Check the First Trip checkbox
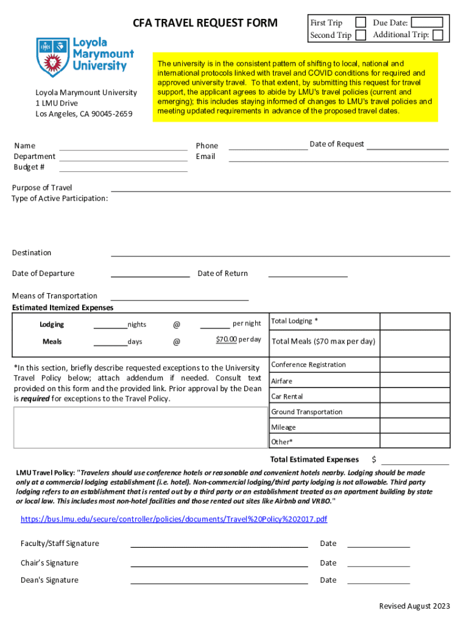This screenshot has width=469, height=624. [361, 23]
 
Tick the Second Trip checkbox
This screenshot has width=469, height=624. [361, 35]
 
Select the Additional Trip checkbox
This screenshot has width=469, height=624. [437, 35]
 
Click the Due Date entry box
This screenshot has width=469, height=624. [431, 23]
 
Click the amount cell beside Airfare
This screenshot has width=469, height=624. [415, 381]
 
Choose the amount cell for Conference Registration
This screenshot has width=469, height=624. [415, 364]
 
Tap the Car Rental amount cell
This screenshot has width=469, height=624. [415, 397]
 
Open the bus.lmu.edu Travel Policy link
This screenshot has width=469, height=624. [174, 519]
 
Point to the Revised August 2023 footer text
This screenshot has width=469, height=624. [414, 606]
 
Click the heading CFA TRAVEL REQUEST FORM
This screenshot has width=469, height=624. [205, 24]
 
